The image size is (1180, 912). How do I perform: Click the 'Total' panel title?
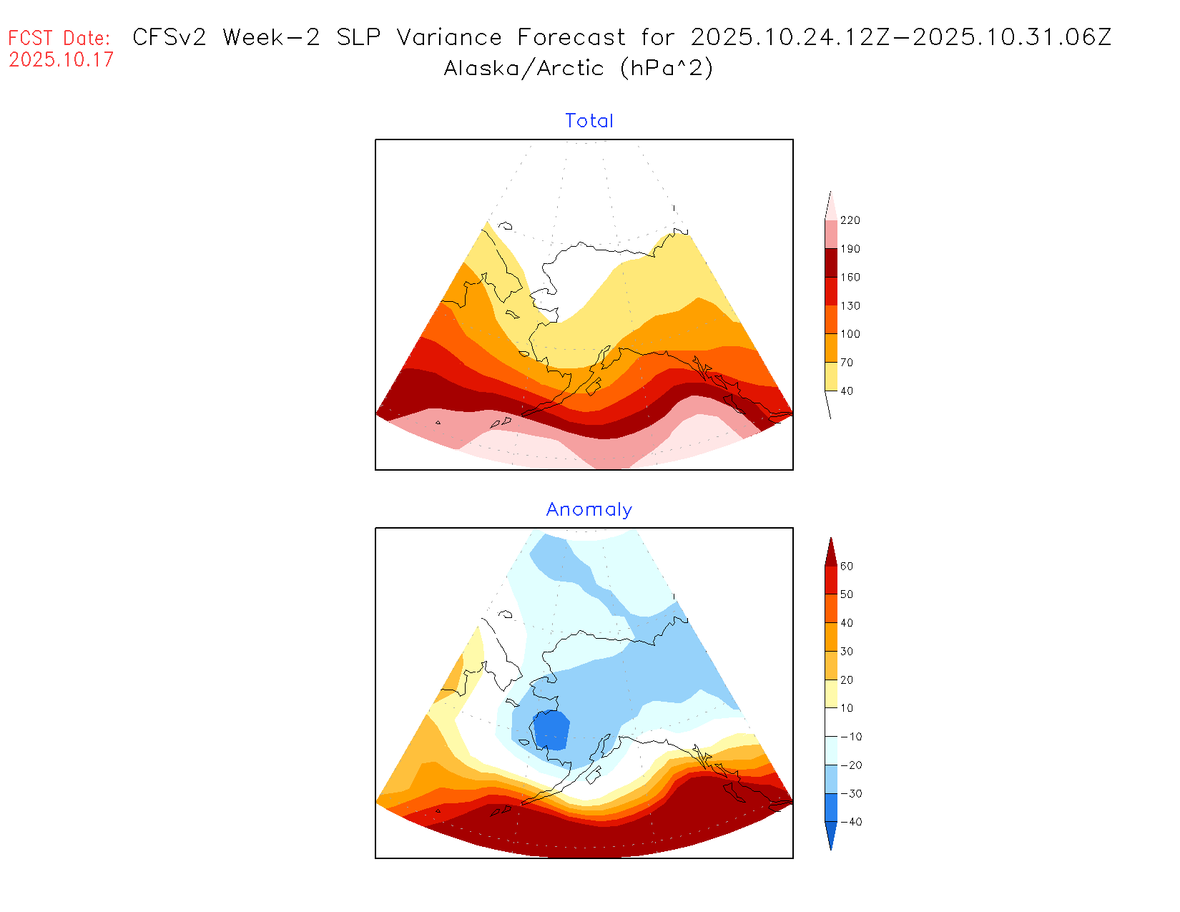[589, 121]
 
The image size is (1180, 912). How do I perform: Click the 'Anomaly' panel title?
[589, 509]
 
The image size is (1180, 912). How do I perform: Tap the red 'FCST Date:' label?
[59, 38]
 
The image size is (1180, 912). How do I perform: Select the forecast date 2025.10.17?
[61, 59]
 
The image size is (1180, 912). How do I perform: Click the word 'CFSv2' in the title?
[169, 37]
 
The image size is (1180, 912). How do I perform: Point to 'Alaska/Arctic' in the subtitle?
[523, 68]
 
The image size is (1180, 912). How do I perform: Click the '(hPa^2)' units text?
[667, 68]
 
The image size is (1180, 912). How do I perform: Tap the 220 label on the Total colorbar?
[850, 220]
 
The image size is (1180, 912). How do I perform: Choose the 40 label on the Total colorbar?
[847, 391]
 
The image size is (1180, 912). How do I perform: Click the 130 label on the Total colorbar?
[850, 305]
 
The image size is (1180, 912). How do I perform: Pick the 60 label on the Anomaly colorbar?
[847, 566]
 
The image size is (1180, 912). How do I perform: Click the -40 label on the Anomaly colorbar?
[850, 822]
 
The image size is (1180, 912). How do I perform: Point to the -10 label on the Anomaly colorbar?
[850, 737]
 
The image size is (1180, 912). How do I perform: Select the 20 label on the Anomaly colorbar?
[847, 680]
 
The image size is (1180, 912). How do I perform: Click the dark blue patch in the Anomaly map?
[551, 730]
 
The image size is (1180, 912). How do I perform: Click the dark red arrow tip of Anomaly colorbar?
[830, 551]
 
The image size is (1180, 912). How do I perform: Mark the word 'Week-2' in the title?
[271, 37]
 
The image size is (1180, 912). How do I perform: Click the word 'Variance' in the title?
[449, 37]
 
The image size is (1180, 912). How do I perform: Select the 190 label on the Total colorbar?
[850, 249]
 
